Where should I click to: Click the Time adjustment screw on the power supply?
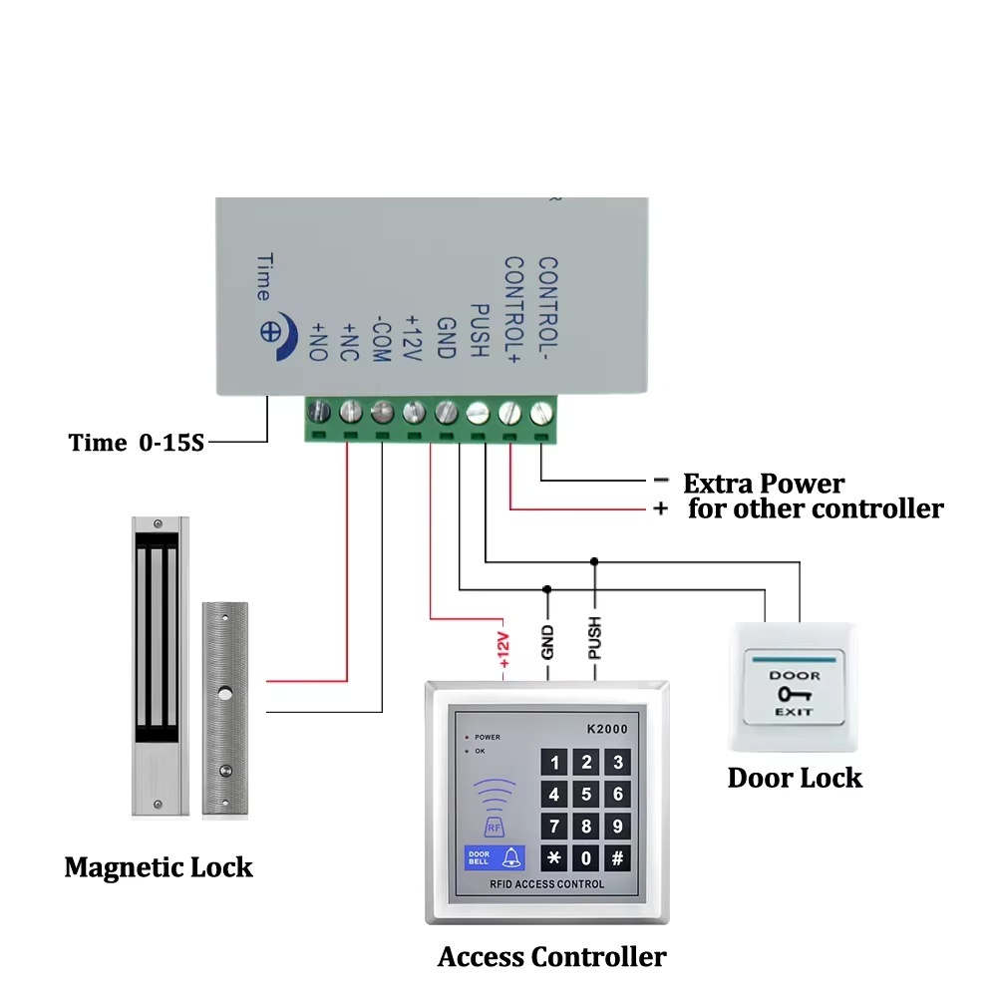[271, 332]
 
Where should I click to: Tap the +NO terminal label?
[318, 341]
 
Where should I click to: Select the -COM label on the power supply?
[380, 339]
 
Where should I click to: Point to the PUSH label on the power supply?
[480, 330]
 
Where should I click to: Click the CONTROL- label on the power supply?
[548, 310]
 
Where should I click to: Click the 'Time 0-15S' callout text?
[136, 443]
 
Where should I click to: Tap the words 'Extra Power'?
[764, 484]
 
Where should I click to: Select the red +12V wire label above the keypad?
[503, 650]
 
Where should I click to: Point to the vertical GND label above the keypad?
[547, 642]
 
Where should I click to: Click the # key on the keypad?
[617, 858]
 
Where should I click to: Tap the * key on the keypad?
[553, 858]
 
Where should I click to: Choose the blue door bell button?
[495, 858]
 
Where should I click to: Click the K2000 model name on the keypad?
[607, 730]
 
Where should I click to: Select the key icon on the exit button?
[795, 694]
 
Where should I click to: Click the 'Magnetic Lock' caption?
[159, 868]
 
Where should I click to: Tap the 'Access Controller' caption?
[552, 957]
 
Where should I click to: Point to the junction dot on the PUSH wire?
[594, 561]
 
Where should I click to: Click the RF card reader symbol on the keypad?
[495, 808]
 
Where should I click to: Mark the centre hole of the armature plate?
[225, 694]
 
